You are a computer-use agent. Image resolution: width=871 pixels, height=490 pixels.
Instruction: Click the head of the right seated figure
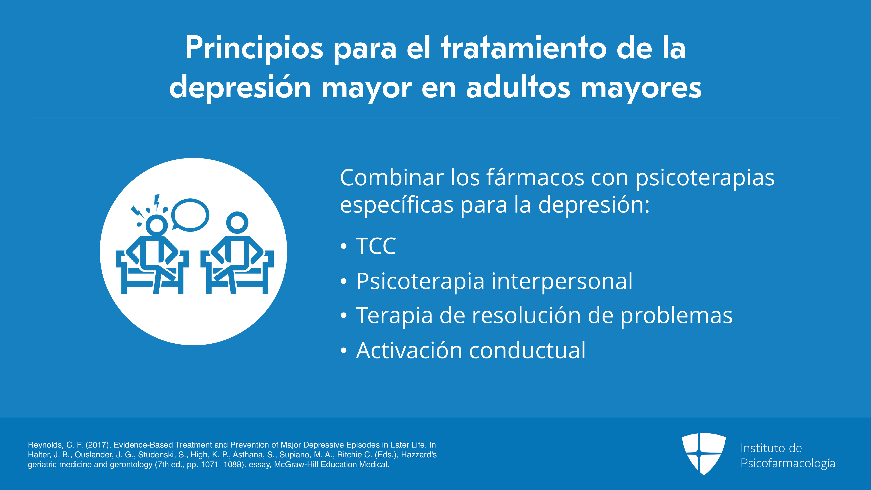(x=237, y=223)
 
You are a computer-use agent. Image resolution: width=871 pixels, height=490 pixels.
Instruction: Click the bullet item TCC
(x=376, y=246)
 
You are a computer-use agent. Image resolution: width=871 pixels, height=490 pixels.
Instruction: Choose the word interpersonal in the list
(x=562, y=281)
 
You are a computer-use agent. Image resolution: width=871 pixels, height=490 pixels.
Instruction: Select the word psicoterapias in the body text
(x=705, y=178)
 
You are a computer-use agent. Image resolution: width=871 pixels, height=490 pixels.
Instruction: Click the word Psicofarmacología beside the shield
(x=788, y=463)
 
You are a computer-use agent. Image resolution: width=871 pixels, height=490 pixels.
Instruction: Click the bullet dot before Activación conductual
(x=344, y=351)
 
